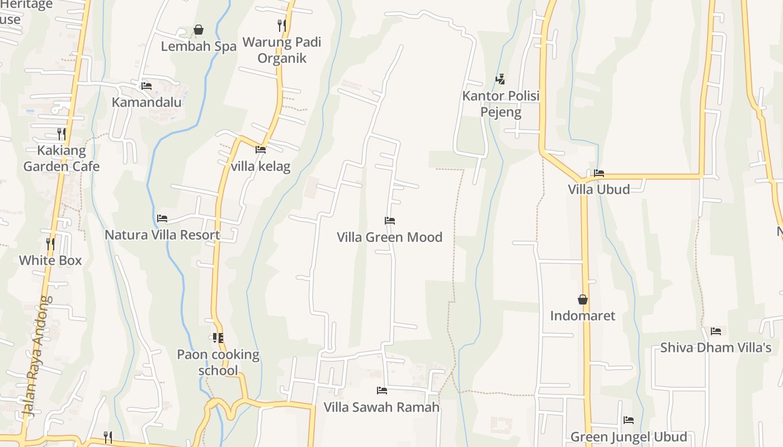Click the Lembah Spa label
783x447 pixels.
pyautogui.click(x=199, y=46)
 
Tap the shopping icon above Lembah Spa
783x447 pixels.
pyautogui.click(x=199, y=30)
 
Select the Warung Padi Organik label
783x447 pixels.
pyautogui.click(x=282, y=50)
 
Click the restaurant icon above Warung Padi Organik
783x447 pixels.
pyautogui.click(x=282, y=25)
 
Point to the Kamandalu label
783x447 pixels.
pyautogui.click(x=147, y=102)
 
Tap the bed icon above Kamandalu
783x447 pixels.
pyautogui.click(x=147, y=85)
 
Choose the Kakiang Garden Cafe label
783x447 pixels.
pyautogui.click(x=62, y=158)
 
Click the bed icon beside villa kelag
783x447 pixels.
pyautogui.click(x=261, y=149)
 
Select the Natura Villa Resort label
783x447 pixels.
pyautogui.click(x=162, y=235)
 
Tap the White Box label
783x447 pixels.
pyautogui.click(x=50, y=260)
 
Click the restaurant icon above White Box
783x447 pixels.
pyautogui.click(x=50, y=243)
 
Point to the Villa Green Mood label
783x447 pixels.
pyautogui.click(x=389, y=237)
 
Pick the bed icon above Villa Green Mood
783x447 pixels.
pyautogui.click(x=390, y=221)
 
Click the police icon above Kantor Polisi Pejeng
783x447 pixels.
pyautogui.click(x=501, y=79)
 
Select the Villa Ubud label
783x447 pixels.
pyautogui.click(x=598, y=189)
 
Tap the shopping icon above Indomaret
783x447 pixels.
pyautogui.click(x=583, y=299)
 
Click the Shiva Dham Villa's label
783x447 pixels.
pyautogui.click(x=715, y=348)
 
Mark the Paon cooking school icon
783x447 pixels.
pyautogui.click(x=218, y=337)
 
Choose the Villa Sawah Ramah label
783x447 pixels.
pyautogui.click(x=381, y=407)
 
